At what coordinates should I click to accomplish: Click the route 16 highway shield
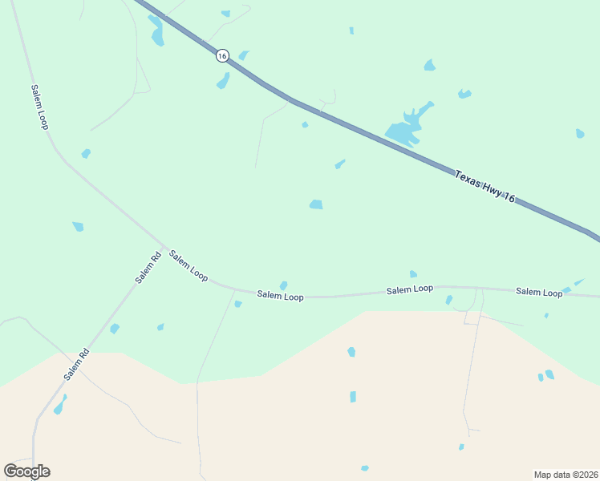[x=222, y=55]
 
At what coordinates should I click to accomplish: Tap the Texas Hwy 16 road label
[x=484, y=186]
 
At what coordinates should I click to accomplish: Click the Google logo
[x=26, y=471]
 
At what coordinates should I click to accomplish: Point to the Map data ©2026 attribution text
[x=566, y=474]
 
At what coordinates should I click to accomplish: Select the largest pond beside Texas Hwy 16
[x=406, y=128]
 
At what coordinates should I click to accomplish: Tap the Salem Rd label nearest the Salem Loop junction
[x=148, y=267]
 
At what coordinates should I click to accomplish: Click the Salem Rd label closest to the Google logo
[x=77, y=364]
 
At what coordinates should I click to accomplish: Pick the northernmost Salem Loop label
[x=40, y=107]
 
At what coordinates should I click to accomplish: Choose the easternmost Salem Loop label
[x=539, y=293]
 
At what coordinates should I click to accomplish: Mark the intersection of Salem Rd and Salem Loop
[x=165, y=247]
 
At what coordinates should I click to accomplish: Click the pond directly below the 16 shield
[x=223, y=81]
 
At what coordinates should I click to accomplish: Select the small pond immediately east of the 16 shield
[x=243, y=55]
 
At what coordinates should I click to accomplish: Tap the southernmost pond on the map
[x=365, y=468]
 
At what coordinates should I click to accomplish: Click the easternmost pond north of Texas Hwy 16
[x=580, y=134]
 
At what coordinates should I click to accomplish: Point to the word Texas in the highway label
[x=466, y=176]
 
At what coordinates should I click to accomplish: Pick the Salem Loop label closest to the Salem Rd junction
[x=189, y=265]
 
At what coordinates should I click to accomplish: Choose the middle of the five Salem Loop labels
[x=280, y=296]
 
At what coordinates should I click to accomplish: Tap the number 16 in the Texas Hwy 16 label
[x=509, y=197]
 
